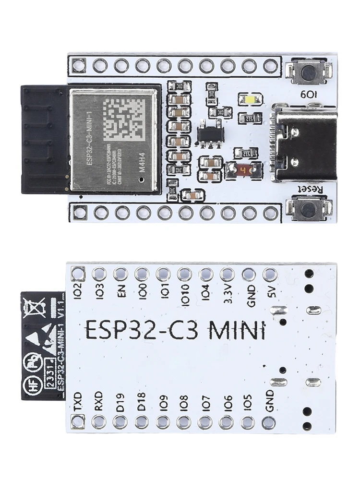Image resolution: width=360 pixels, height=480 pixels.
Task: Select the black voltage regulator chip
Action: coord(209,134)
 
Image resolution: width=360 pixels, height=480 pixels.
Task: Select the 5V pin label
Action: coord(270,291)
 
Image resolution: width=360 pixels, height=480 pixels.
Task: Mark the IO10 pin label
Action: coord(184,294)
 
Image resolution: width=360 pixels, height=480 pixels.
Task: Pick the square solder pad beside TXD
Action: coord(77,422)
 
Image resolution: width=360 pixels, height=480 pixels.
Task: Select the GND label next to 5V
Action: coord(249,294)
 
